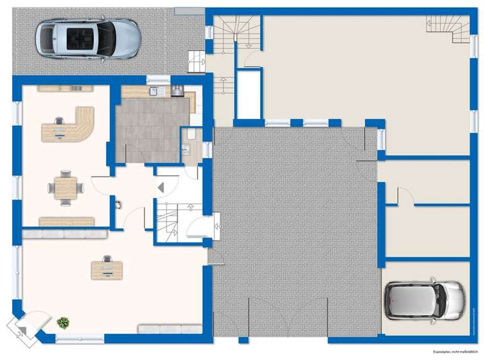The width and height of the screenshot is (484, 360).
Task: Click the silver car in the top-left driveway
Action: point(87,38)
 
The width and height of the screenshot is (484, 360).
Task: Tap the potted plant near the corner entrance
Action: point(63,323)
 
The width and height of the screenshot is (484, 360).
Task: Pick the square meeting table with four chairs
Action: point(66,187)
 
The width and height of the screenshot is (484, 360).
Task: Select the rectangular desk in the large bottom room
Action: point(107,269)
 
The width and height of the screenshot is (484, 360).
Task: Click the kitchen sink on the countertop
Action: point(154,91)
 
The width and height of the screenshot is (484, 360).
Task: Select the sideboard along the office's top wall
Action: point(65,88)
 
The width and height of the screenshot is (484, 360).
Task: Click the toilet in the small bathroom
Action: point(191,134)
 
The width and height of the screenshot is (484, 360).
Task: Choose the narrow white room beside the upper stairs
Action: point(249,93)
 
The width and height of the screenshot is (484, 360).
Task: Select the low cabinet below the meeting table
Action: point(66,221)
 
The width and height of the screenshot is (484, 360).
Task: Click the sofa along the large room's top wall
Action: point(65,234)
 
